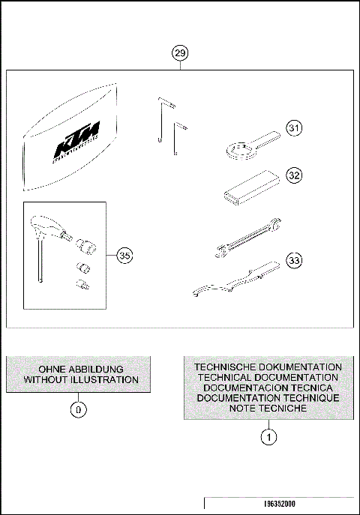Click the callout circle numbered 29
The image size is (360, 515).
click(180, 52)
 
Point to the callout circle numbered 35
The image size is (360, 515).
click(126, 256)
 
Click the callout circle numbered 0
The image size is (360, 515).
click(79, 409)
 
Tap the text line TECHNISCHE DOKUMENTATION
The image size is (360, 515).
click(268, 367)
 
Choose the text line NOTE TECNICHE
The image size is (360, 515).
click(268, 409)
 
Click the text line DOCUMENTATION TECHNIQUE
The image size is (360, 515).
click(268, 398)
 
